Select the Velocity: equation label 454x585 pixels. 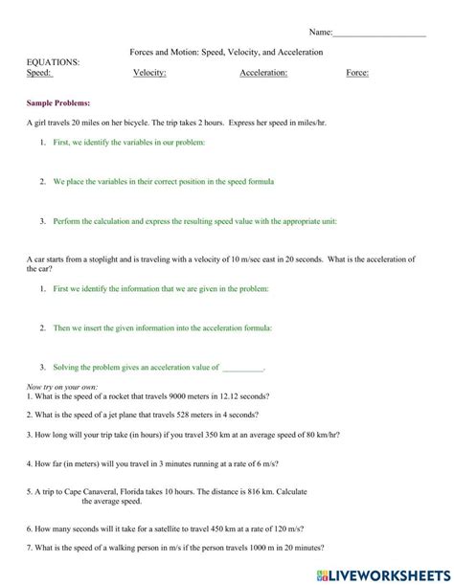pyautogui.click(x=149, y=73)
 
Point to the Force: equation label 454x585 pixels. pyautogui.click(x=357, y=73)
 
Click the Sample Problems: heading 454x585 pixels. pyautogui.click(x=58, y=101)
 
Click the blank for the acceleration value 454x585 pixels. pyautogui.click(x=242, y=367)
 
